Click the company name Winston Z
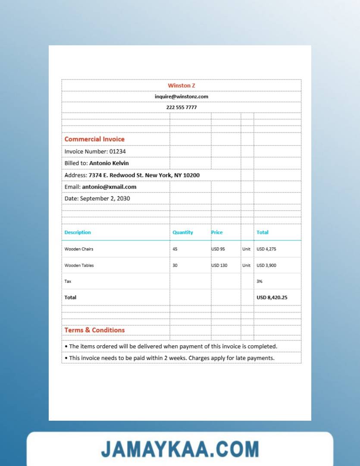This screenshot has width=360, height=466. pyautogui.click(x=182, y=85)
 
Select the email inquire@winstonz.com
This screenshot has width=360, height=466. pyautogui.click(x=182, y=97)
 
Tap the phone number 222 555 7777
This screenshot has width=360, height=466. pyautogui.click(x=182, y=107)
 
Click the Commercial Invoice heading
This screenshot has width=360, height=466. pyautogui.click(x=94, y=139)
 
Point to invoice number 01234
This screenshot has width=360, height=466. pyautogui.click(x=117, y=151)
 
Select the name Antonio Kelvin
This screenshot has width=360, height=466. pyautogui.click(x=109, y=163)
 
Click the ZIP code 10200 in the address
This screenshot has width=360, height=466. pyautogui.click(x=192, y=175)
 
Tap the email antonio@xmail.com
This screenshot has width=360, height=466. pyautogui.click(x=109, y=187)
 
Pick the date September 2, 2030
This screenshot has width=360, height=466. pyautogui.click(x=105, y=198)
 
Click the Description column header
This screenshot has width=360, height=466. pyautogui.click(x=78, y=232)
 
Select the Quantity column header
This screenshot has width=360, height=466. pyautogui.click(x=183, y=232)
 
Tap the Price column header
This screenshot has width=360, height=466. pyautogui.click(x=217, y=232)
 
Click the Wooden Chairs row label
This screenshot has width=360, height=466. pyautogui.click(x=79, y=249)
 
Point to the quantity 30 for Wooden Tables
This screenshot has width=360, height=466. pyautogui.click(x=175, y=265)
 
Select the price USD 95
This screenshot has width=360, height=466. pyautogui.click(x=218, y=249)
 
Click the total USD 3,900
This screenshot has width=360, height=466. pyautogui.click(x=266, y=265)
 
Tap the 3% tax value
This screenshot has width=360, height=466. pyautogui.click(x=260, y=281)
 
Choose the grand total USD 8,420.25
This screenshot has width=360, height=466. pyautogui.click(x=272, y=297)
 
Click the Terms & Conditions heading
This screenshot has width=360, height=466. pyautogui.click(x=94, y=330)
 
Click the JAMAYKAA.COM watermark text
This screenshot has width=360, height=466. pyautogui.click(x=180, y=449)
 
